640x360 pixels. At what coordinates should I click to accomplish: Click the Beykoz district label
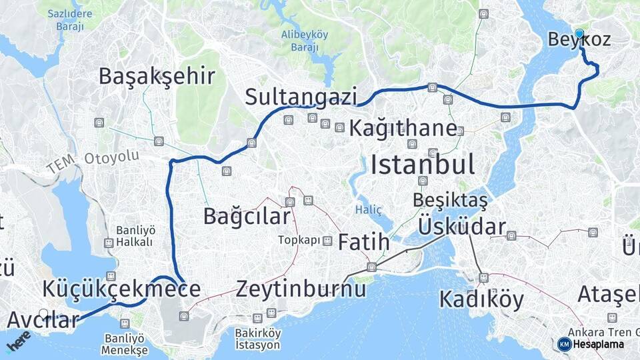579,40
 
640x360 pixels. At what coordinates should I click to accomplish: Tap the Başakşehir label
157,76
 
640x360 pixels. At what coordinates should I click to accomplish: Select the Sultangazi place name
301,97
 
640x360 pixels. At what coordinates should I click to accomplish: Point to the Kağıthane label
403,128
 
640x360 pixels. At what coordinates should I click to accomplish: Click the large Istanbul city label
423,164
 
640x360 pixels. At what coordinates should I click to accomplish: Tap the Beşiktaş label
450,199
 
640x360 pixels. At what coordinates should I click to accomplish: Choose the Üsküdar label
461,227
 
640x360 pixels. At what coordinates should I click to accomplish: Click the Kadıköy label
481,299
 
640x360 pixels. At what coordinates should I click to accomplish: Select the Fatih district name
363,243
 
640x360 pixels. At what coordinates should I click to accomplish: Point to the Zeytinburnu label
301,289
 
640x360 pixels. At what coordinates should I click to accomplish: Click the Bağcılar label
247,216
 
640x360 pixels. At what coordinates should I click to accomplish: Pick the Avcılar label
43,320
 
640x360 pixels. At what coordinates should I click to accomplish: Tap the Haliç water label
369,209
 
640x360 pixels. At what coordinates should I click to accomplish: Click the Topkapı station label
299,240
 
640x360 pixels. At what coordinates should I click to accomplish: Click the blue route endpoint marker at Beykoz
579,33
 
